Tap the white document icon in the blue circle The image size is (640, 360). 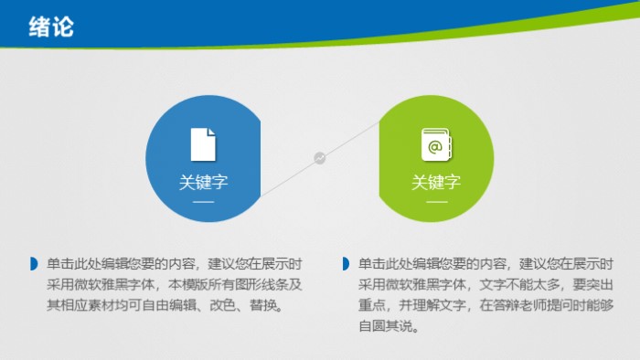coord(203,144)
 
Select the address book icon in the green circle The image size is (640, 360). coord(435,144)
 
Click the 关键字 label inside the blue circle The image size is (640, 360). coord(203,182)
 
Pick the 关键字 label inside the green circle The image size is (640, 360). coord(436,182)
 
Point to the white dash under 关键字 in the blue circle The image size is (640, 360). coord(203,200)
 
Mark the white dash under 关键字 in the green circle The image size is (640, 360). coord(436,200)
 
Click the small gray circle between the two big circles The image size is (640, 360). coord(320,158)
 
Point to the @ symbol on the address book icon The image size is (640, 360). coord(435,145)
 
